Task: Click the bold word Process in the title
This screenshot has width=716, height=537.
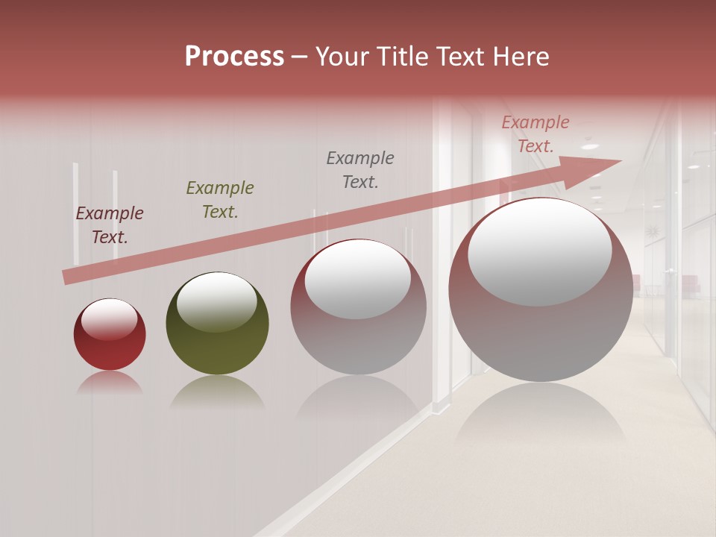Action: [x=234, y=57]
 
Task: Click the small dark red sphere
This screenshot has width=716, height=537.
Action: [x=110, y=335]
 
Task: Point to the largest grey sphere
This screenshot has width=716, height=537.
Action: [x=540, y=290]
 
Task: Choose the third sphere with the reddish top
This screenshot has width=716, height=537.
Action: [x=358, y=307]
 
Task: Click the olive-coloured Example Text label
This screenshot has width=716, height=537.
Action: [x=219, y=200]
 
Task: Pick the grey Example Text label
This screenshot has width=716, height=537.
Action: [x=360, y=169]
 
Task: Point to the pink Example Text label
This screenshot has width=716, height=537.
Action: [x=535, y=134]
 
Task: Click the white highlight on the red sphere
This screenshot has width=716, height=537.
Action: [x=110, y=320]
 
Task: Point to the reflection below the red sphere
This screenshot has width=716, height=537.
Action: [x=110, y=383]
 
